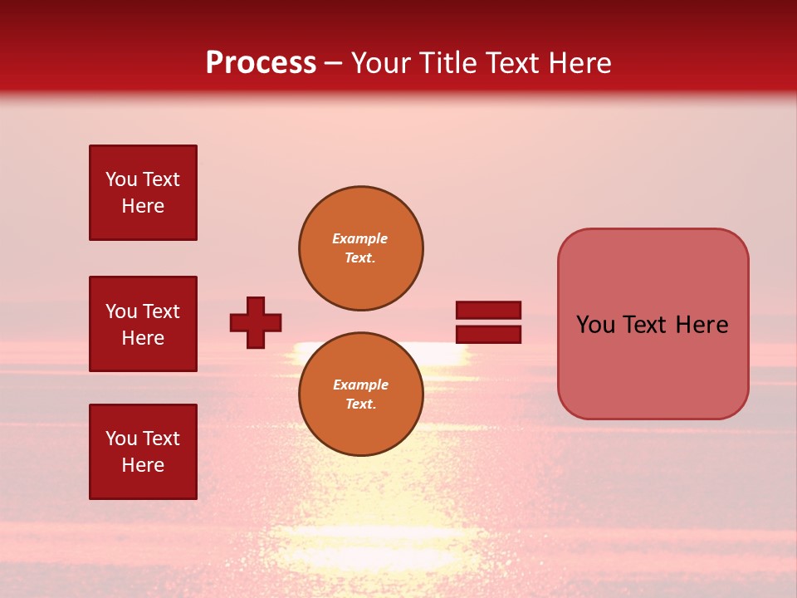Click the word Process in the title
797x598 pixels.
click(x=261, y=63)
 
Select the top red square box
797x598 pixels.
click(x=143, y=193)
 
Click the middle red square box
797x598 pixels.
click(x=143, y=324)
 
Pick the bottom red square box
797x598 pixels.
click(x=143, y=451)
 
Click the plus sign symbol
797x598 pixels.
click(x=256, y=322)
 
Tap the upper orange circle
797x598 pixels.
click(x=360, y=248)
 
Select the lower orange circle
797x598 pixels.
click(x=360, y=394)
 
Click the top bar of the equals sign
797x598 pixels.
click(x=488, y=310)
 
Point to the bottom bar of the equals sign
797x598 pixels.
click(x=488, y=335)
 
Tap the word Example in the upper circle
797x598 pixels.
click(x=359, y=238)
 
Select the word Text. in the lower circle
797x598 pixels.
click(x=359, y=404)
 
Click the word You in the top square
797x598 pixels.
click(x=121, y=179)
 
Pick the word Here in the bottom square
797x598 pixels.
click(x=143, y=465)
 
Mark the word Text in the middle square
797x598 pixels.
click(x=161, y=311)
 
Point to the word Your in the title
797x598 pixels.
click(x=380, y=63)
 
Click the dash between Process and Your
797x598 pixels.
click(x=333, y=64)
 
